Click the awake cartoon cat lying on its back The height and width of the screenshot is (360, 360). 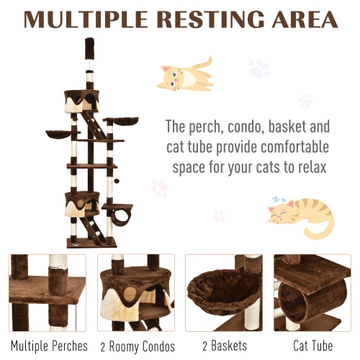coord(185,74)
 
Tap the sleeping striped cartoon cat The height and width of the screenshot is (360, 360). coord(301,215)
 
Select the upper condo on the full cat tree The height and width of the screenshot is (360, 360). coord(81,102)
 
